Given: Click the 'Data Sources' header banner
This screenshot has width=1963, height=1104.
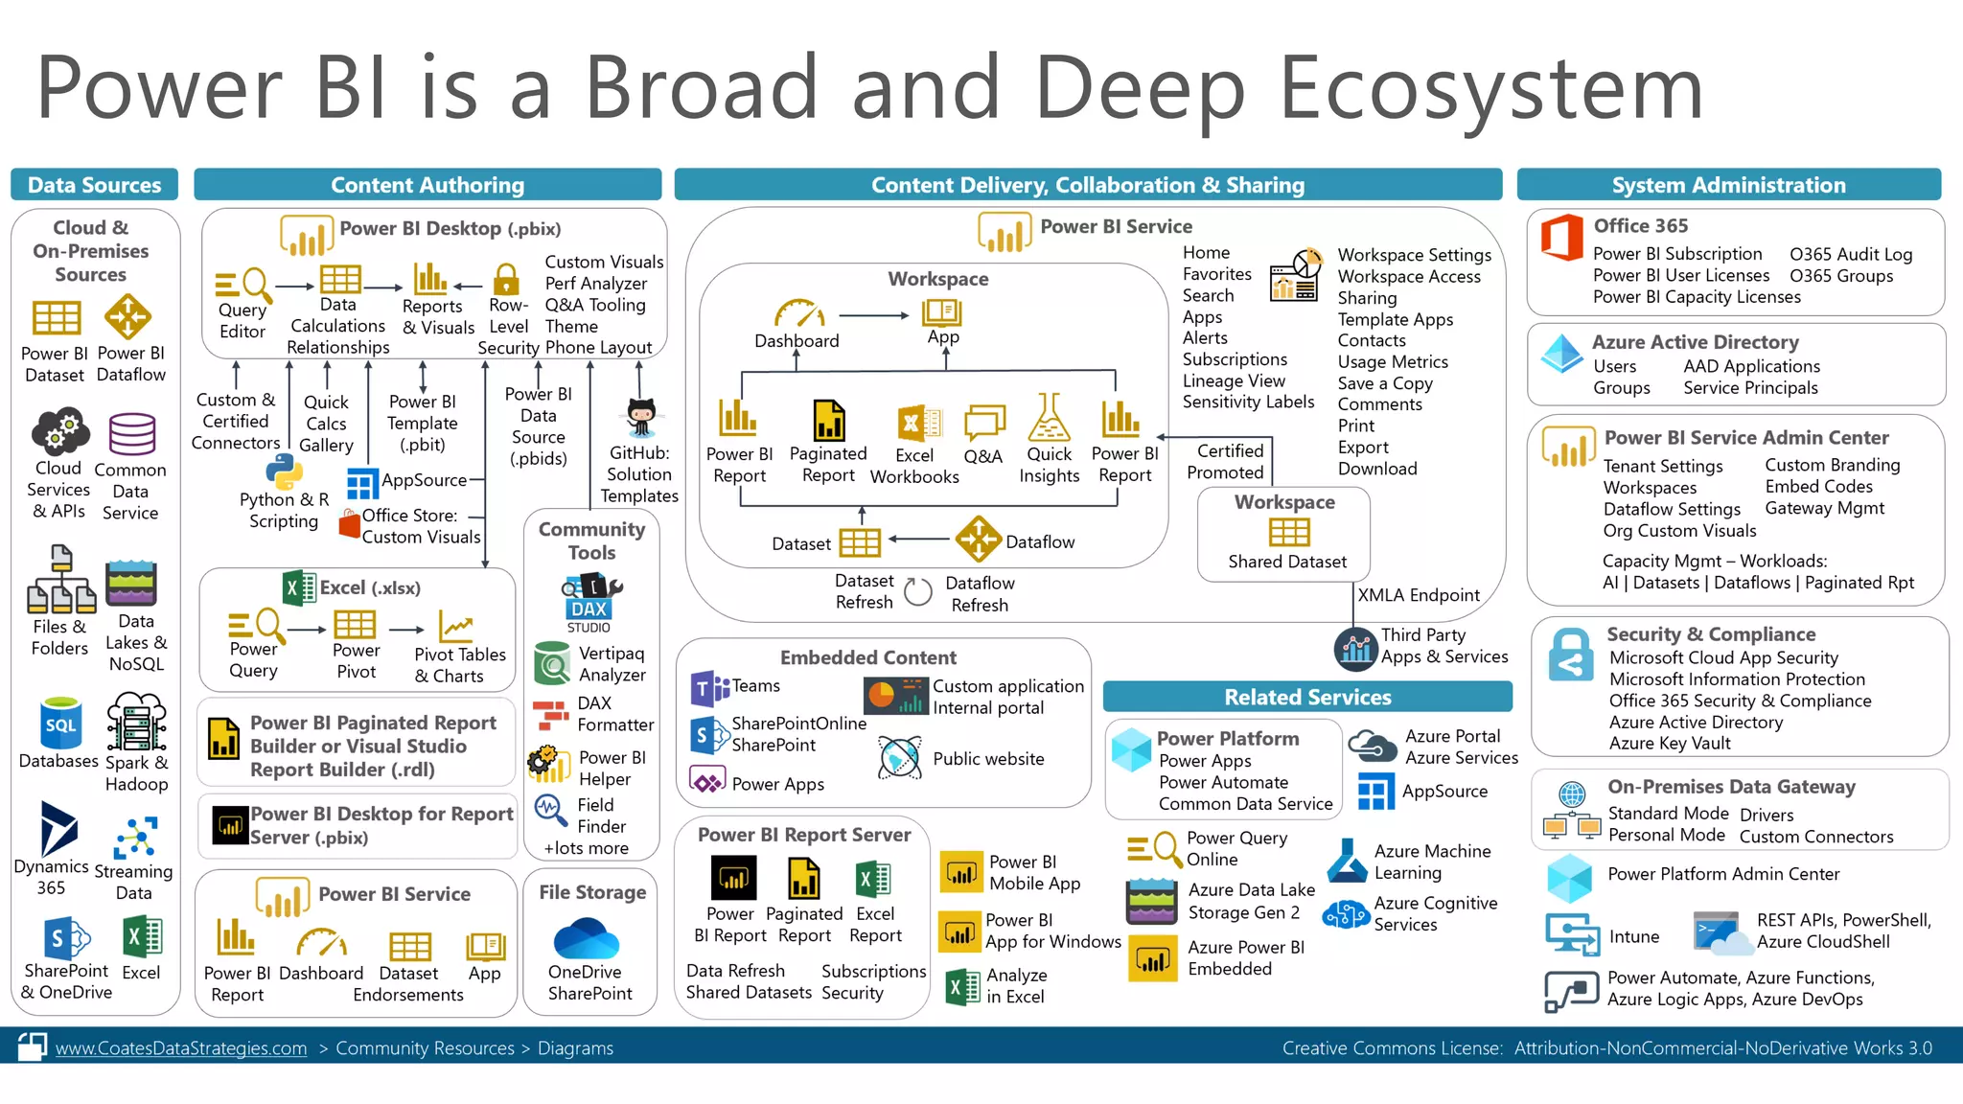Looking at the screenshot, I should [94, 185].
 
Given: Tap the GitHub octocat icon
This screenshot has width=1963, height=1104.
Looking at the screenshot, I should [640, 418].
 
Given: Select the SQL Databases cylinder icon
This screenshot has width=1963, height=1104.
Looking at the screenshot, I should [60, 724].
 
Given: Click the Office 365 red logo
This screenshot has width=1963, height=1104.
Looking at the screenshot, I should [1561, 238].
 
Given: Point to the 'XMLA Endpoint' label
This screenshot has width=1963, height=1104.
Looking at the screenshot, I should [1419, 595].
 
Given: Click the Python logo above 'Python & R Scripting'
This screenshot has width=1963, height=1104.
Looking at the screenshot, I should [284, 471].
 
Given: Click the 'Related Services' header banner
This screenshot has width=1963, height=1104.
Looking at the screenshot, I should [1307, 697].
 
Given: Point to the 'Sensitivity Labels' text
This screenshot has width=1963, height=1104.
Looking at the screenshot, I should [1248, 402].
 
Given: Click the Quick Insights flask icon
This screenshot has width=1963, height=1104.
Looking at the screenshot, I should [1049, 418].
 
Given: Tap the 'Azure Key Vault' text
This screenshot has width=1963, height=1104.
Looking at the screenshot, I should [1670, 744].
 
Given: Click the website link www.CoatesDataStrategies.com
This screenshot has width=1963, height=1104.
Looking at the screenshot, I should [181, 1048].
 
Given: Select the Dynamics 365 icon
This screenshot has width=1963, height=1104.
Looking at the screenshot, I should [58, 828].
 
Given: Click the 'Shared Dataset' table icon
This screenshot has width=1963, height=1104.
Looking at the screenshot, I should [1288, 532].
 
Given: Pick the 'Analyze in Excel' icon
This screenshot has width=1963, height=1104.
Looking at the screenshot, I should [961, 986].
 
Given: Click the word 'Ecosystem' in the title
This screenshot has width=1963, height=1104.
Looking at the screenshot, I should [1490, 88].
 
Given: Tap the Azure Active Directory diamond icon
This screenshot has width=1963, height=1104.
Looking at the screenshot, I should [1561, 354].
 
